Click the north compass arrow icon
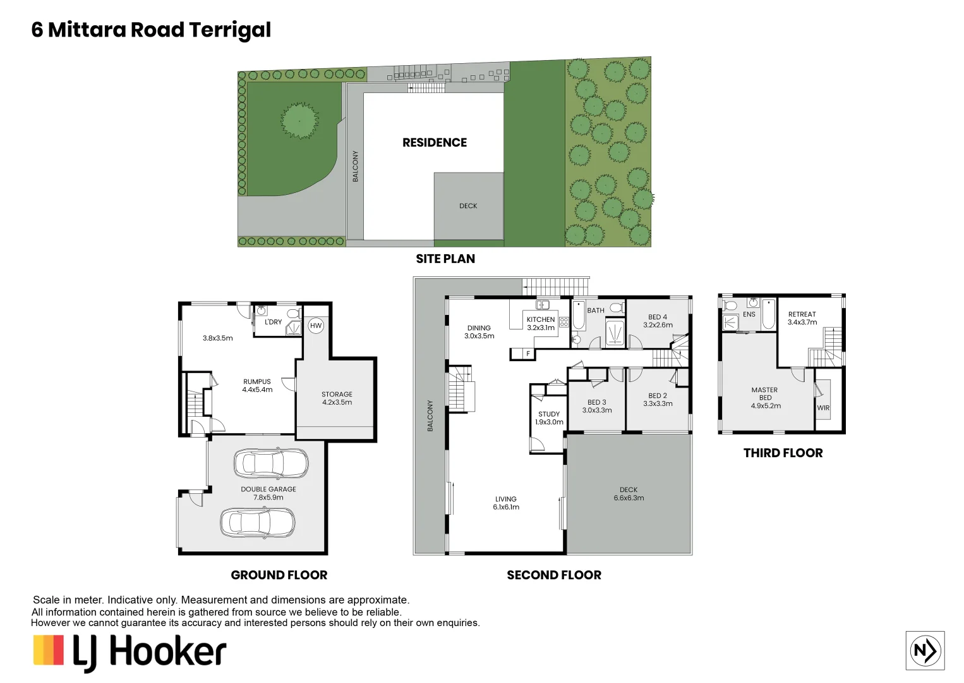(925, 650)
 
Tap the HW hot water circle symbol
(316, 326)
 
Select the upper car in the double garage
(271, 464)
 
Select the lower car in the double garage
(257, 522)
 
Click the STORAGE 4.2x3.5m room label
(337, 398)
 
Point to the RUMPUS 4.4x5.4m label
(257, 386)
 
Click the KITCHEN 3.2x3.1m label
(541, 323)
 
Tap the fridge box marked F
(528, 354)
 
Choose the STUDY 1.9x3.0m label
(549, 418)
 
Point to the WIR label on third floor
(823, 408)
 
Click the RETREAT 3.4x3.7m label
(802, 318)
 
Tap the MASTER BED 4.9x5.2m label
(765, 398)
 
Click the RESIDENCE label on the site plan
(435, 143)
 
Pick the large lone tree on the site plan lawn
(299, 120)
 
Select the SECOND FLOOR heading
(553, 575)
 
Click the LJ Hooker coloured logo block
(49, 651)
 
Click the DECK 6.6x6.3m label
(629, 494)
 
